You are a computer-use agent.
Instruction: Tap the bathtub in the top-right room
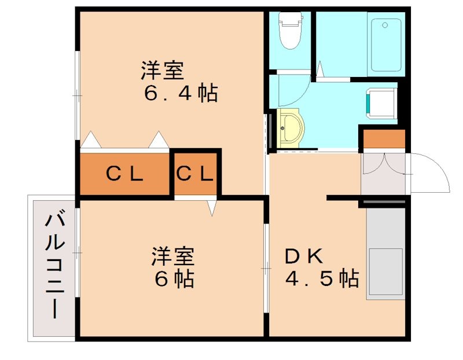click(386, 45)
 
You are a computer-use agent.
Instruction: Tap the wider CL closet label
click(124, 174)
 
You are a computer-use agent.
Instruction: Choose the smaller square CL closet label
click(196, 174)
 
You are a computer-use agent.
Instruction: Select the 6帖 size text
click(174, 280)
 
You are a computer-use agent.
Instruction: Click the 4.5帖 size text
click(321, 280)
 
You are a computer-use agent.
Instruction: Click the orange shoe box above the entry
click(384, 139)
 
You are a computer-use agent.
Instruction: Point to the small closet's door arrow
click(212, 207)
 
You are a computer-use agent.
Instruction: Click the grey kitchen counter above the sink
click(385, 228)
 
